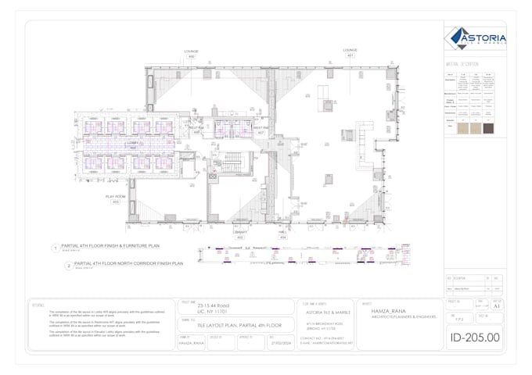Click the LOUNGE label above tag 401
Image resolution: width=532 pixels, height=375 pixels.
(350, 50)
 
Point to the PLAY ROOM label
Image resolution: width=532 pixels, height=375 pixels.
(116, 196)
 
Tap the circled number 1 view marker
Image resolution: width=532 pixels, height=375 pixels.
(56, 248)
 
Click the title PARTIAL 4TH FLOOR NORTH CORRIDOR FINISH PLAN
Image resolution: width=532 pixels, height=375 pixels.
(128, 264)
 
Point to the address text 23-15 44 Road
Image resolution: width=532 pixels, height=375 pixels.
(213, 305)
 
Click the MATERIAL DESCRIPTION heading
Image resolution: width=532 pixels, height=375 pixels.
(462, 64)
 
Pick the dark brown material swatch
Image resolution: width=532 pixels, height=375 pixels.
(488, 128)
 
